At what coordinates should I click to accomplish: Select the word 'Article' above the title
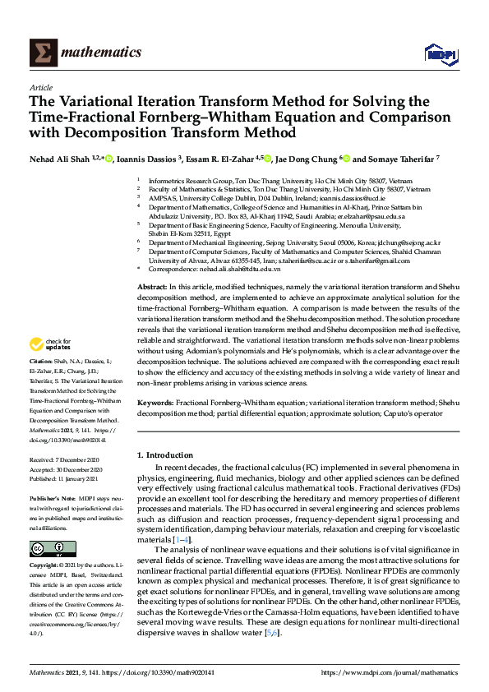[41, 86]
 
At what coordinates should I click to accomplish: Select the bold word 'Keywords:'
[155, 403]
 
